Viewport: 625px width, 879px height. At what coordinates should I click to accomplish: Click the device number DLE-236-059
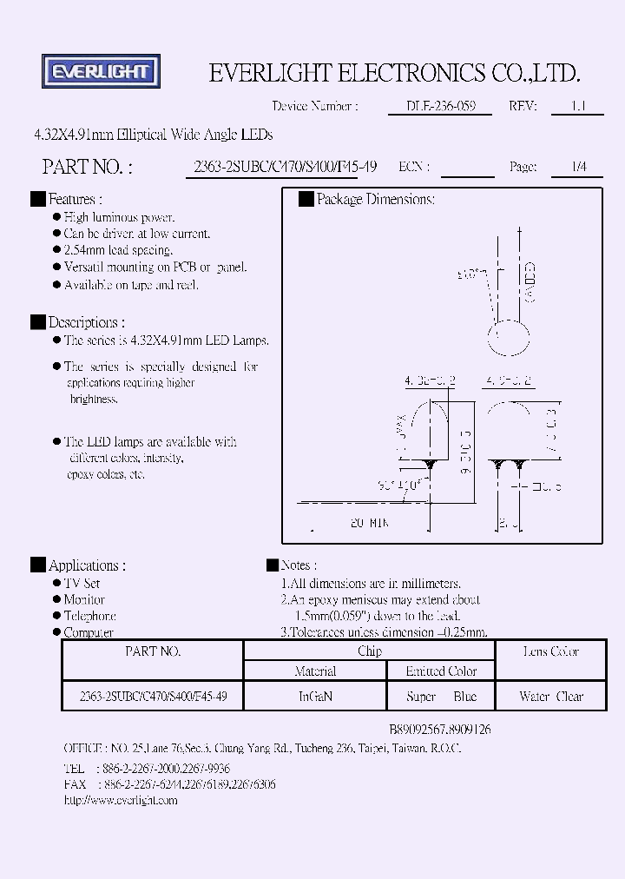click(439, 106)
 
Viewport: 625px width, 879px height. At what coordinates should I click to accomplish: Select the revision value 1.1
click(577, 106)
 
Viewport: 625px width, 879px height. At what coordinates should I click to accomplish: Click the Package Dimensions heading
click(375, 199)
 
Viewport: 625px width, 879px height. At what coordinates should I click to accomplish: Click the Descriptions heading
click(86, 321)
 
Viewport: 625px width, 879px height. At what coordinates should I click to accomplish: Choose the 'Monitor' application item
click(84, 599)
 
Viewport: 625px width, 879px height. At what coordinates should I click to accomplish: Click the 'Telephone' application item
click(89, 616)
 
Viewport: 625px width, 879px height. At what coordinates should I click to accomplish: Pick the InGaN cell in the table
click(315, 697)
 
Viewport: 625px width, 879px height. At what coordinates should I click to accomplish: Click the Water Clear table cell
click(551, 697)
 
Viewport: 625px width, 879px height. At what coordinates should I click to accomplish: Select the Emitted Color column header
click(441, 671)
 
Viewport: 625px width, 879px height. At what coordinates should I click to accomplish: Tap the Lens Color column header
click(551, 651)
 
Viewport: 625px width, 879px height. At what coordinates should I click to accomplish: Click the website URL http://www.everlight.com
click(121, 800)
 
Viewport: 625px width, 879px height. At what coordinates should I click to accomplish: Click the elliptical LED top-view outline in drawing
click(511, 339)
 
